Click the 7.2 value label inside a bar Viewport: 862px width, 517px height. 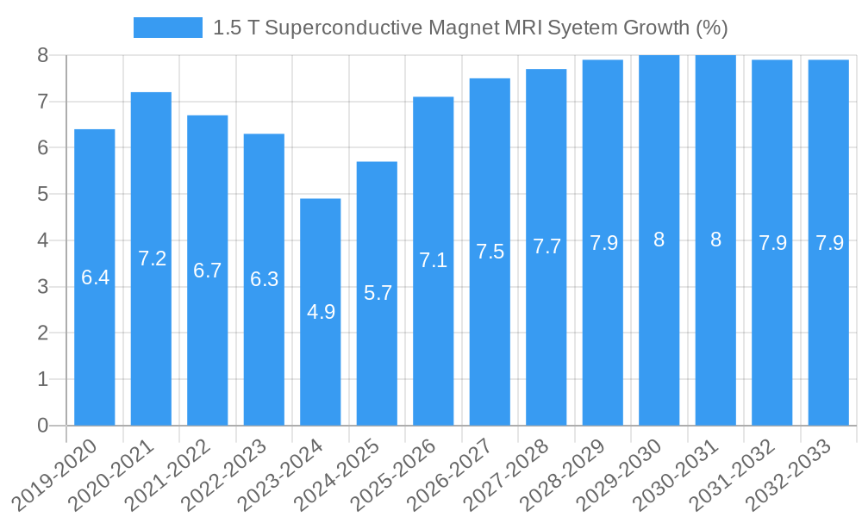point(152,258)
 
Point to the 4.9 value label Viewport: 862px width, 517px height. point(321,312)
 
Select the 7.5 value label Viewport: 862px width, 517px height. point(490,252)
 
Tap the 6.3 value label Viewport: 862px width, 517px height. point(265,279)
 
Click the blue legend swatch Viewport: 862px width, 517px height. point(167,28)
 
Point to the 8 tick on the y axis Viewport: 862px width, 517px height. point(43,56)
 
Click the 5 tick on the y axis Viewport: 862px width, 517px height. point(43,195)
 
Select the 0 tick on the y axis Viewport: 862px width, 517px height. point(43,426)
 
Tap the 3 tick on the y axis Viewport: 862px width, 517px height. point(43,287)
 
